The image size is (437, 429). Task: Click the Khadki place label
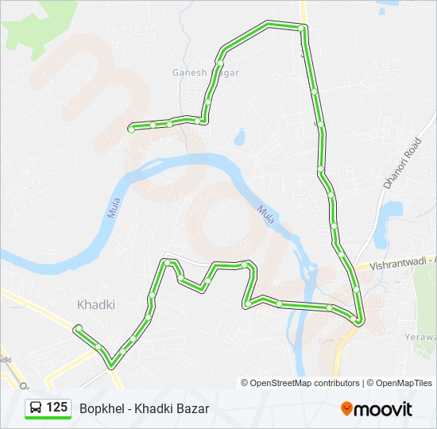(x=96, y=304)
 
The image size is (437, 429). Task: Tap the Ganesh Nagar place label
(x=206, y=72)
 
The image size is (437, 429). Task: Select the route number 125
(x=56, y=408)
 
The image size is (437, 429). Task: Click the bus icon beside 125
(x=36, y=408)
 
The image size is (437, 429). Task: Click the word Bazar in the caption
(x=193, y=408)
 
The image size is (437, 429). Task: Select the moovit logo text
(x=383, y=409)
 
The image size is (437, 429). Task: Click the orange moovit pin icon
(x=346, y=408)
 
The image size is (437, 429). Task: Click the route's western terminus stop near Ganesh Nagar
(x=132, y=126)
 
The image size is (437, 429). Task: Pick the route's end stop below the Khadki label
(x=78, y=328)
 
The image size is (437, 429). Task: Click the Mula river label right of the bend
(x=265, y=214)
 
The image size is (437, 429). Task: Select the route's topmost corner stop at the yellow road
(x=302, y=29)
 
